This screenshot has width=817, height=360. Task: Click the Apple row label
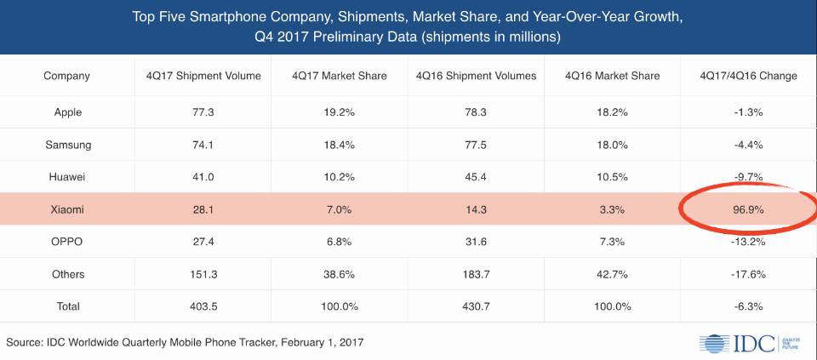click(x=66, y=112)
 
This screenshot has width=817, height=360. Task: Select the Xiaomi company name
click(x=66, y=209)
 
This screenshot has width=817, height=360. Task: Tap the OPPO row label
click(x=66, y=242)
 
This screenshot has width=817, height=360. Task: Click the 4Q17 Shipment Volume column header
click(x=203, y=76)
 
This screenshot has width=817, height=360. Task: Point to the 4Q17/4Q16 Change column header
click(x=748, y=76)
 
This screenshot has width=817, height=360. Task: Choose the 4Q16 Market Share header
click(x=612, y=76)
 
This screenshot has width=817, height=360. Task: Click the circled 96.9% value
click(x=748, y=209)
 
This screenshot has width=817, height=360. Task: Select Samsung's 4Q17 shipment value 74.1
click(x=203, y=145)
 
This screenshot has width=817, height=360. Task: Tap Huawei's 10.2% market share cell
click(x=340, y=177)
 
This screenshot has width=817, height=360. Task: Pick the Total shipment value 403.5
click(x=203, y=306)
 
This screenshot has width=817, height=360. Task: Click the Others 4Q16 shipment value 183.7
click(x=476, y=274)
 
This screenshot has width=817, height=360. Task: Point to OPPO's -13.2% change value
click(x=748, y=242)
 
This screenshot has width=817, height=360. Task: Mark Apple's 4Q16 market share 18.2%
click(x=612, y=112)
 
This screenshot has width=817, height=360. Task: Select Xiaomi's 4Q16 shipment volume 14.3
click(x=476, y=209)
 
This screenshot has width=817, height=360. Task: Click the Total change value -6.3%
click(x=748, y=306)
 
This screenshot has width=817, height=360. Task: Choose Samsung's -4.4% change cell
click(x=748, y=145)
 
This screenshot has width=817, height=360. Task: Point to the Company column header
click(x=66, y=76)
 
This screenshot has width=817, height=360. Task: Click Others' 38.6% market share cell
click(x=340, y=274)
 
